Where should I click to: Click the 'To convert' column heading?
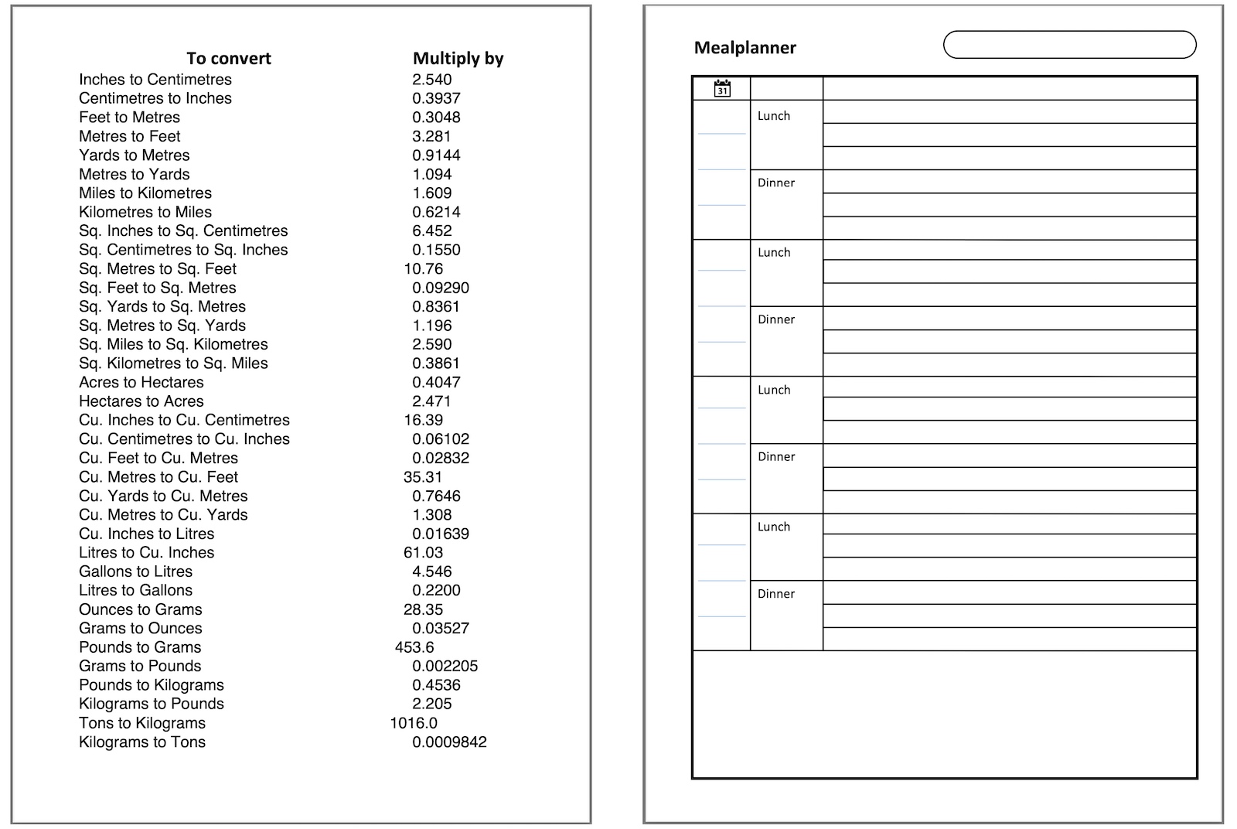[229, 59]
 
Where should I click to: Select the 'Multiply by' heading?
[458, 59]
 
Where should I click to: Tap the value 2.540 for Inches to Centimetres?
[431, 80]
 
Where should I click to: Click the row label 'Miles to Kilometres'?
[145, 193]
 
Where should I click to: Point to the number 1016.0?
[414, 723]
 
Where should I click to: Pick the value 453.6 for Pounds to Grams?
[414, 647]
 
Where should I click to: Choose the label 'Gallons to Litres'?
[135, 571]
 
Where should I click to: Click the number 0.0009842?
[449, 742]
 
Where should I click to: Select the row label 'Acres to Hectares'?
[141, 382]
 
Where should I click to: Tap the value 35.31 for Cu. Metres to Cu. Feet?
[423, 477]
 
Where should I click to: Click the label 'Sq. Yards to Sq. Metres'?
[162, 307]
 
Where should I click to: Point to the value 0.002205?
[445, 667]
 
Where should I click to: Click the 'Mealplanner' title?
[745, 48]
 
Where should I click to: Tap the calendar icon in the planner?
[722, 88]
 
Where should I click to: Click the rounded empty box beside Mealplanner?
[1069, 45]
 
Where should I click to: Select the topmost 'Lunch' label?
[774, 116]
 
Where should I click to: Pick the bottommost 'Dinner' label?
[776, 594]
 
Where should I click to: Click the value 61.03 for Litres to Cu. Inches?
[423, 553]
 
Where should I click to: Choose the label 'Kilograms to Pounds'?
[152, 704]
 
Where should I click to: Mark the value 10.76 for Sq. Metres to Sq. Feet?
[423, 269]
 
